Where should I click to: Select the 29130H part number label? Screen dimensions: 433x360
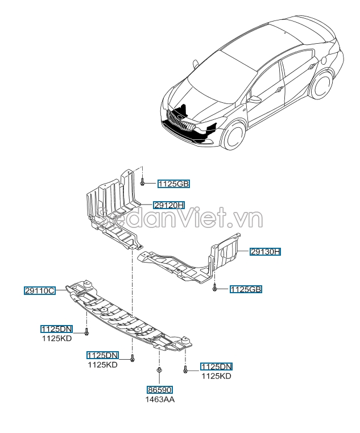pyautogui.click(x=265, y=251)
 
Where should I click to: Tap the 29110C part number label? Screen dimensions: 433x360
pyautogui.click(x=39, y=290)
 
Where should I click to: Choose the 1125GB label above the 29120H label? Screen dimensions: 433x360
pyautogui.click(x=173, y=184)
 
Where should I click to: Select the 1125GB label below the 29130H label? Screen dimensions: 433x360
pyautogui.click(x=246, y=289)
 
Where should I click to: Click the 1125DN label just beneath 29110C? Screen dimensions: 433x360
pyautogui.click(x=56, y=329)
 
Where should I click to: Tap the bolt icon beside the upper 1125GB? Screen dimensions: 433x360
pyautogui.click(x=142, y=182)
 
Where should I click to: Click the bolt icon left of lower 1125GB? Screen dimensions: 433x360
pyautogui.click(x=215, y=289)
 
